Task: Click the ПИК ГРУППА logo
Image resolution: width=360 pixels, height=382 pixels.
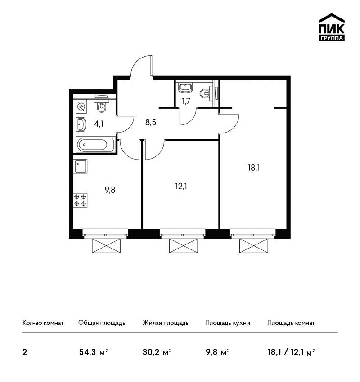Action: pos(332,27)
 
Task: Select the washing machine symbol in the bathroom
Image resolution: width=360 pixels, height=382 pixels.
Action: pos(81,107)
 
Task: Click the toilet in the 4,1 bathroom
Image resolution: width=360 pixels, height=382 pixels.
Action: pos(101,105)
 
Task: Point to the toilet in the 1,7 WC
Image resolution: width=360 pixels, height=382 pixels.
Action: pos(206,93)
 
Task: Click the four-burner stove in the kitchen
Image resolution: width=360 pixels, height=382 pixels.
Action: pos(80,200)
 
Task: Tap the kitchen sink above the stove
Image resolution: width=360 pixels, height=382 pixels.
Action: pos(81,166)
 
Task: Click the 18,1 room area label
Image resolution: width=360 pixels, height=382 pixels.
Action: pos(254,168)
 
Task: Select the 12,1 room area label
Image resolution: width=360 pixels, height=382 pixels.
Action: pos(181,187)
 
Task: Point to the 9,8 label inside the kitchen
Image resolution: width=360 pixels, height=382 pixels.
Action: pos(110,190)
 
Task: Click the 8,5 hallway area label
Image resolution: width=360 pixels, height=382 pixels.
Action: pos(150,122)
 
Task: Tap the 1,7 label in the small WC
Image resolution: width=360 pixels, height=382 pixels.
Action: pos(186,101)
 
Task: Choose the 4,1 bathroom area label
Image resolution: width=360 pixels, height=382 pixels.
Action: pos(99,124)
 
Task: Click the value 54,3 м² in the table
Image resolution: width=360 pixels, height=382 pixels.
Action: pos(94,352)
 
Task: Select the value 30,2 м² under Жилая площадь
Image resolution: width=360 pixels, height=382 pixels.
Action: pos(157,352)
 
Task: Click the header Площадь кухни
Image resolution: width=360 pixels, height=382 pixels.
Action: pos(228,323)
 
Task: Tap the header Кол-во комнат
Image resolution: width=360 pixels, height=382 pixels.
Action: pos(43,323)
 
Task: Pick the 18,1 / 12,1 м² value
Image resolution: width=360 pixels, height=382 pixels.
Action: pos(292,352)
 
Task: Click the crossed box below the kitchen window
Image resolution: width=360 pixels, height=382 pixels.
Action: pos(106,245)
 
